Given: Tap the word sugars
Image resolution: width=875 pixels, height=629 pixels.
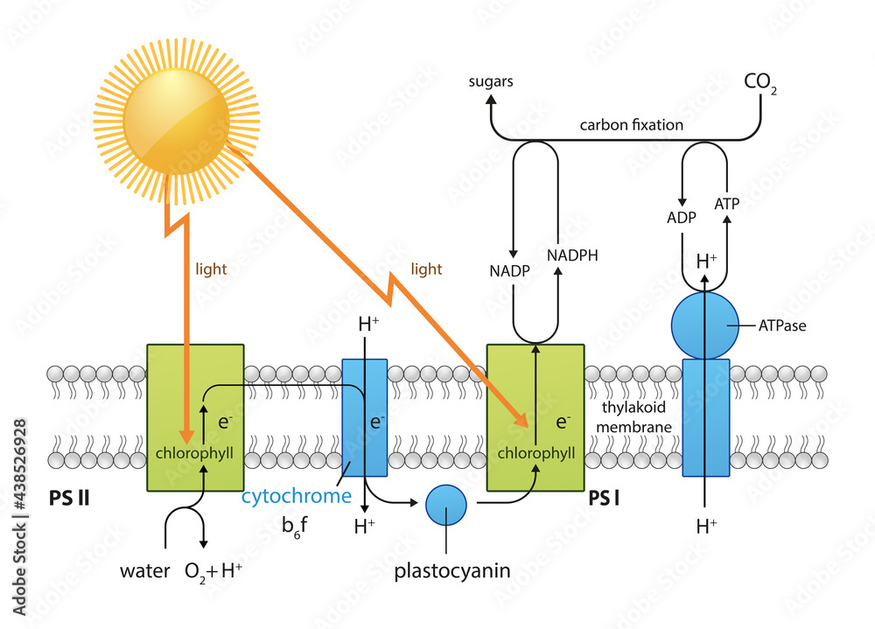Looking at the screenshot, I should pos(490,81).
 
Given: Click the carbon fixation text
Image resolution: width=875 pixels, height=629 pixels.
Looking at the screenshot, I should pos(631,124).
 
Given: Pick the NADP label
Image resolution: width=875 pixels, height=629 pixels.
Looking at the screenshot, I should pos(508,272).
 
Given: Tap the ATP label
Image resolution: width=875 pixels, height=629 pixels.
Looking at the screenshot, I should pos(727,204).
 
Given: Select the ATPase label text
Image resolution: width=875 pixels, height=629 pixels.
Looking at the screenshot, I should pos(781,325).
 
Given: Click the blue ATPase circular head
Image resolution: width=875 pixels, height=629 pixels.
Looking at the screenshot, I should pos(705,325).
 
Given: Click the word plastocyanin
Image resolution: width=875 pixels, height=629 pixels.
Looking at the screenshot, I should pos(451,572).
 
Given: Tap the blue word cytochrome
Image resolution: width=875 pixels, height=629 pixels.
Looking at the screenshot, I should pos(296,497).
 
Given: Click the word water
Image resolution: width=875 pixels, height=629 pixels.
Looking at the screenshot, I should pos(145,572).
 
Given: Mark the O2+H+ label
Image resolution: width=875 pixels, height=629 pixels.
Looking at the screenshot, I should pos(213,572).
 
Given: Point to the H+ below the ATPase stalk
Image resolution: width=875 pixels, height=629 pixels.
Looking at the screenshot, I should pos(706,526).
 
